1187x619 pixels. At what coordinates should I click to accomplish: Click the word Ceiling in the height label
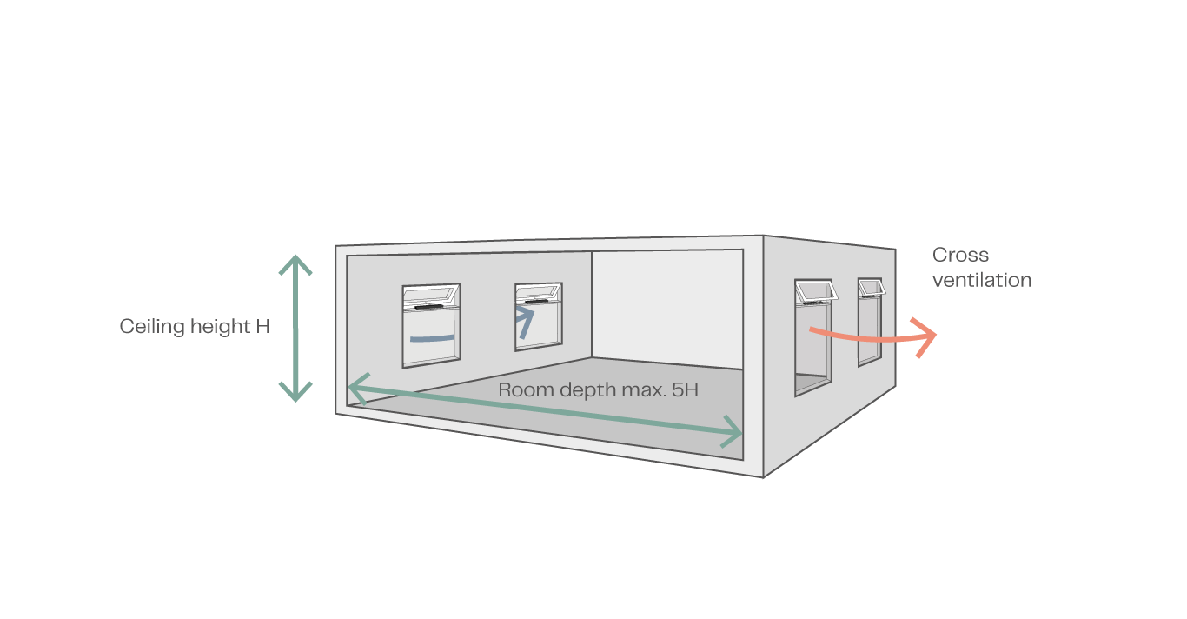click(147, 327)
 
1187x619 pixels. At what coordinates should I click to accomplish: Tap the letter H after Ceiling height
click(263, 327)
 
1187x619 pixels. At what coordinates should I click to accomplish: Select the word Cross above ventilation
click(960, 256)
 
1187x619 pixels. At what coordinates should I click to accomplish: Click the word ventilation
click(982, 281)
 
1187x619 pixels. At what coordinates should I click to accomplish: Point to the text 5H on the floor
click(685, 390)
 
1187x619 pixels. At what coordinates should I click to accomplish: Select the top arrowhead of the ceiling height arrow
click(295, 262)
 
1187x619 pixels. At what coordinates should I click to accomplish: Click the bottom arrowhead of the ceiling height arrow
click(295, 393)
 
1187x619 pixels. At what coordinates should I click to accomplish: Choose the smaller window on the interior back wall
click(538, 317)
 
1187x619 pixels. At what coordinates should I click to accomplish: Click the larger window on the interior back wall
click(431, 326)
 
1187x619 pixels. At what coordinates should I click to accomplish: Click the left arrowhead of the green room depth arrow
click(355, 388)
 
